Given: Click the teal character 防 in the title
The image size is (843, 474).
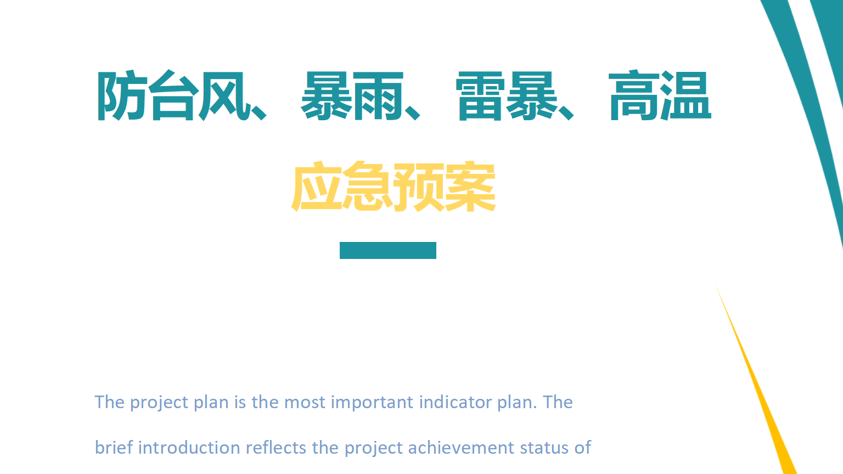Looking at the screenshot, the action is (x=122, y=95).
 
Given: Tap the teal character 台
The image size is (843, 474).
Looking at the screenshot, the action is (x=174, y=95).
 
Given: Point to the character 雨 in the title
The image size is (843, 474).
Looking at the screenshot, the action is (x=378, y=96).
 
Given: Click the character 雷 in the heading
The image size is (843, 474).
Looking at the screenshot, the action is (x=480, y=96).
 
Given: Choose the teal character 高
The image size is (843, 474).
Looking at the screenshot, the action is (x=634, y=95).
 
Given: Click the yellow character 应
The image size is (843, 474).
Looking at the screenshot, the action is (x=317, y=186).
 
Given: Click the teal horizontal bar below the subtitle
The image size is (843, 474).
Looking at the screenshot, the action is (x=388, y=251).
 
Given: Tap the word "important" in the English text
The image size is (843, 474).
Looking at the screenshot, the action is (x=372, y=403).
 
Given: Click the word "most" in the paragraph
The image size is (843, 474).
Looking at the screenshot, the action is (x=305, y=403).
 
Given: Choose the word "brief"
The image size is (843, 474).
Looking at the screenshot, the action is (x=114, y=448).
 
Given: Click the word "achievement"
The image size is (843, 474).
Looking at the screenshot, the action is (x=461, y=448).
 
